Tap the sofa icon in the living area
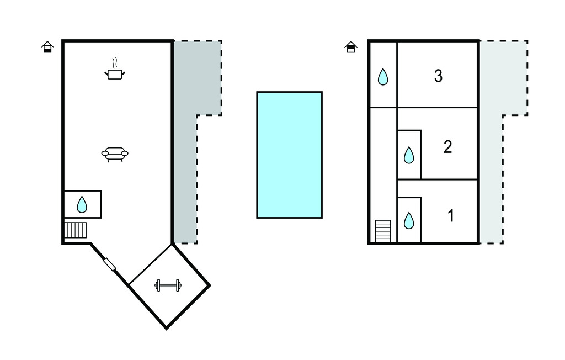[x=115, y=153]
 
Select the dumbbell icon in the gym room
[x=168, y=285]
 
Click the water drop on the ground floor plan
[x=82, y=205]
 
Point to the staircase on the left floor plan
[x=76, y=230]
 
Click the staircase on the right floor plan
[x=383, y=231]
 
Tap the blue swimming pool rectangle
[x=289, y=155]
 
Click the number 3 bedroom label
[x=438, y=76]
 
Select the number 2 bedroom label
[x=447, y=147]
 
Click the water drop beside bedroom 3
[x=383, y=77]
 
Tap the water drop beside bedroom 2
[x=409, y=155]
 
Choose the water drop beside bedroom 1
[x=409, y=220]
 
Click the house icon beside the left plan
[x=48, y=47]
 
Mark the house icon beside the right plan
[x=351, y=47]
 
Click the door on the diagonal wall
[x=110, y=264]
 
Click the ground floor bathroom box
[x=82, y=204]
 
